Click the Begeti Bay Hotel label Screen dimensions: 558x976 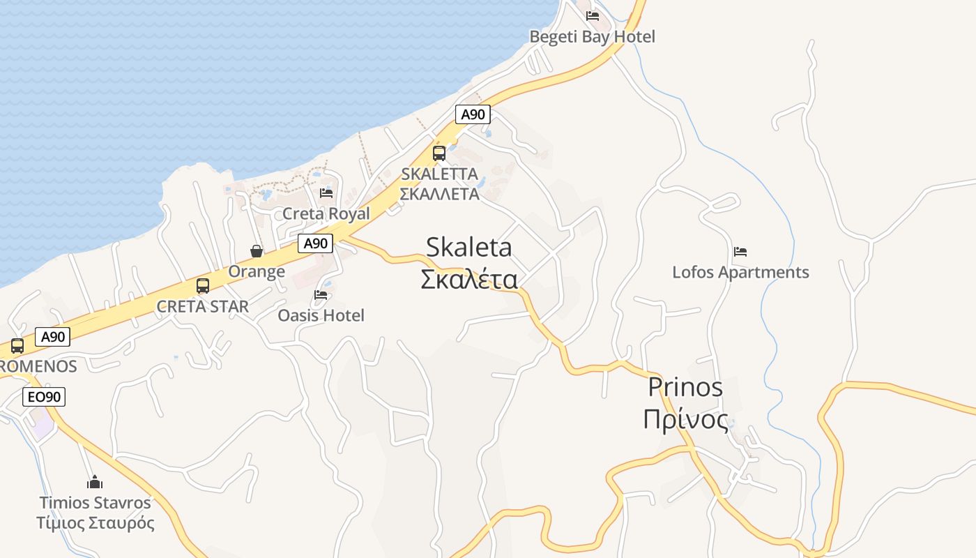[592, 36]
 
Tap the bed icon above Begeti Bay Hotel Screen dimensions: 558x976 [593, 15]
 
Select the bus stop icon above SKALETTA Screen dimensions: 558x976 [439, 153]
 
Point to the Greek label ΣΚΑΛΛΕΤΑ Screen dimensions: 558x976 [439, 194]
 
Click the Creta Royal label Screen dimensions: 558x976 [326, 213]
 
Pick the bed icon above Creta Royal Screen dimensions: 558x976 [326, 193]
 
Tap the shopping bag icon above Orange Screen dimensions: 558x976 [257, 251]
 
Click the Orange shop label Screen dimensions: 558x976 [257, 271]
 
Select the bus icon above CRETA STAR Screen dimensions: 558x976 [203, 286]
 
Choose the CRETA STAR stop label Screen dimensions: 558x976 [202, 306]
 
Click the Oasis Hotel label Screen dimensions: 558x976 [321, 315]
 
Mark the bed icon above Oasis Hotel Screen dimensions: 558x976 [321, 294]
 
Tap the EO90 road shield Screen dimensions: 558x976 [44, 397]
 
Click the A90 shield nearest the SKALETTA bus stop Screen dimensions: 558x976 [473, 114]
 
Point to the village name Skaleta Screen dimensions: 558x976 [468, 247]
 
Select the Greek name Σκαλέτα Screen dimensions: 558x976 [468, 279]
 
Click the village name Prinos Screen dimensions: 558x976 [685, 386]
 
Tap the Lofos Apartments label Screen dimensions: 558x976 [740, 272]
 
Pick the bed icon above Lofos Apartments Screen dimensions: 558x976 [740, 251]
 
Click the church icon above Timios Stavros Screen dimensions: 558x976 [95, 482]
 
